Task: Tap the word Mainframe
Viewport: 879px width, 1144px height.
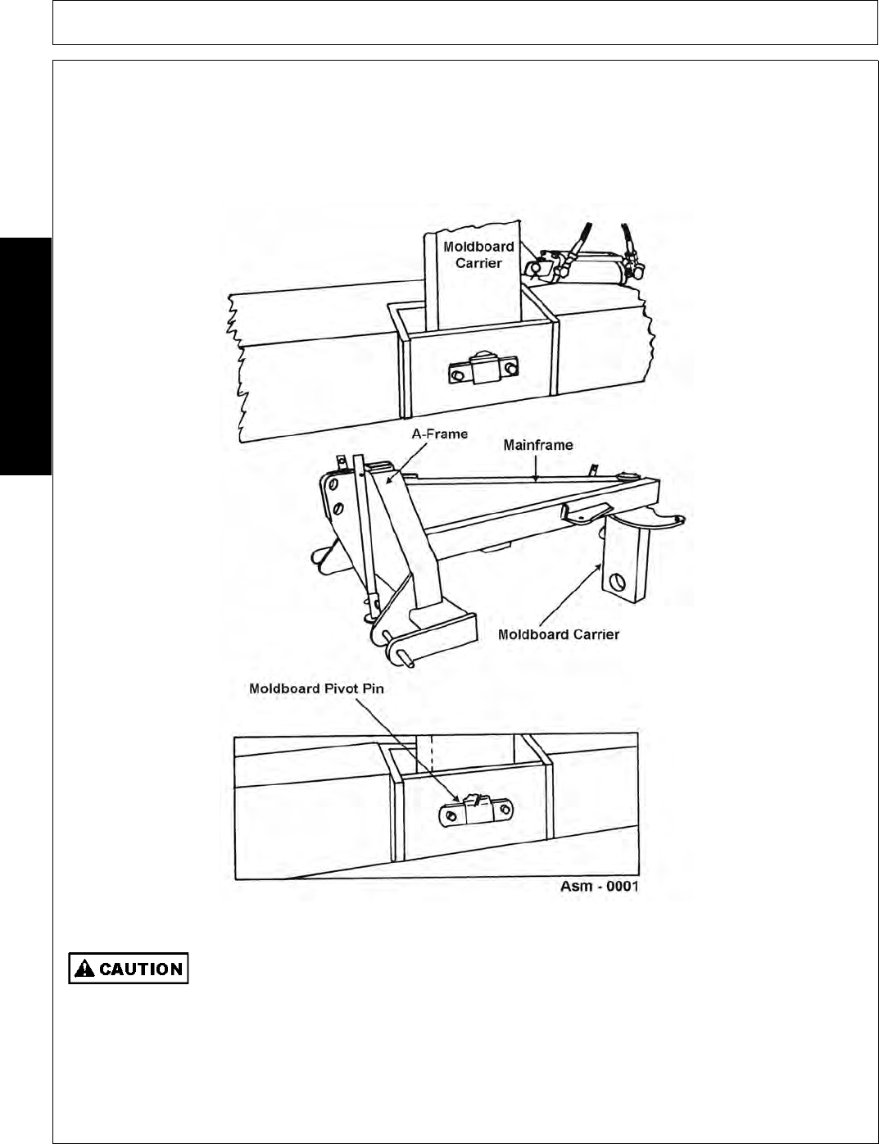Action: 538,445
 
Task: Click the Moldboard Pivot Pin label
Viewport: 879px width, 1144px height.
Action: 316,688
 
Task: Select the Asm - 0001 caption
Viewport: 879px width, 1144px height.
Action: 600,886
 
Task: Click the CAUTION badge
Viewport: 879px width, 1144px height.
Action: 129,968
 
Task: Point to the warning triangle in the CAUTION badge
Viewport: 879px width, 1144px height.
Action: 84,969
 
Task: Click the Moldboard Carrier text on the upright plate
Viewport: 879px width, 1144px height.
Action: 478,255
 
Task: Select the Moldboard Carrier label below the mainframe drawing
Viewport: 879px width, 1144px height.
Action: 559,633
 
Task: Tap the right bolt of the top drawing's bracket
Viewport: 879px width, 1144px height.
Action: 512,369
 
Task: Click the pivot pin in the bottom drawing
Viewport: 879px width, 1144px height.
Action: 473,803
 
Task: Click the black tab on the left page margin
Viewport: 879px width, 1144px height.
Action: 25,356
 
